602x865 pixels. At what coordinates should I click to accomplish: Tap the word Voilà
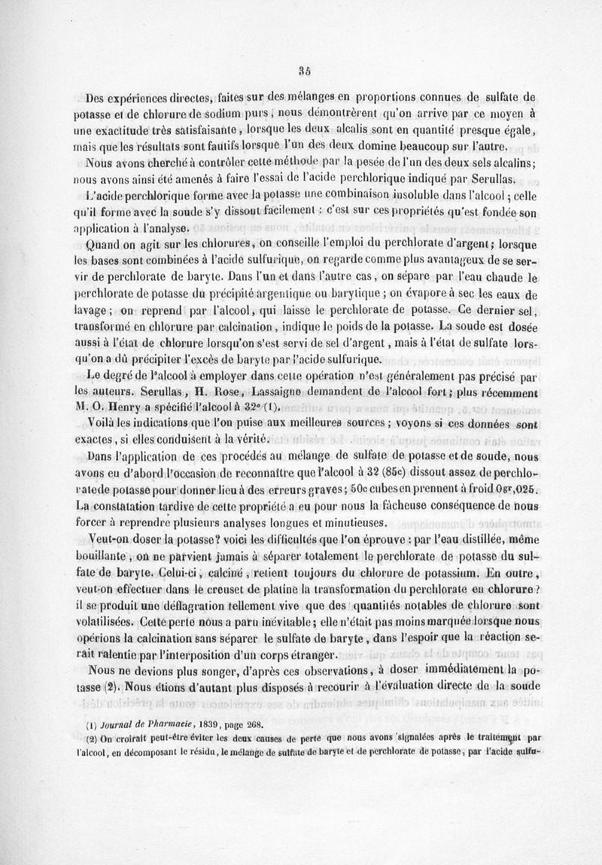click(102, 423)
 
